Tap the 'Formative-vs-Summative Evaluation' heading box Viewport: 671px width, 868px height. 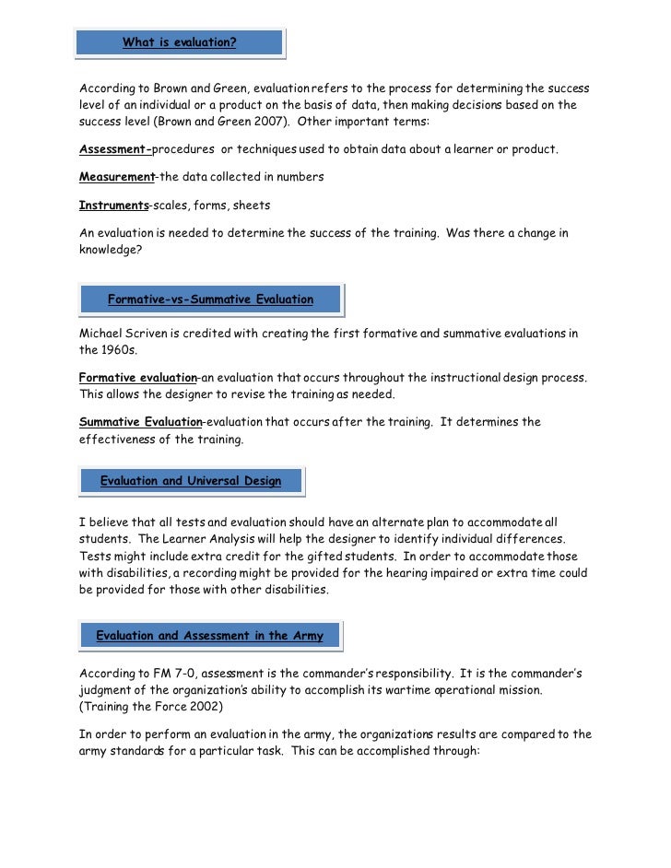(210, 299)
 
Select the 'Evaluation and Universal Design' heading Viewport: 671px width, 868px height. (190, 481)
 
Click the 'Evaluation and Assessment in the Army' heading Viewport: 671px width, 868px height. (209, 635)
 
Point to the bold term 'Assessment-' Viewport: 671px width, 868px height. (115, 149)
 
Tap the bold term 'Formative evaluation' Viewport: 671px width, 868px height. (138, 379)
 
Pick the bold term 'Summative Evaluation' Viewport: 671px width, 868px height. (140, 422)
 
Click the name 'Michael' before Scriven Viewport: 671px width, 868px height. (102, 333)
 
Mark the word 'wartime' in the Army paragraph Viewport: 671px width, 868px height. (419, 690)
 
